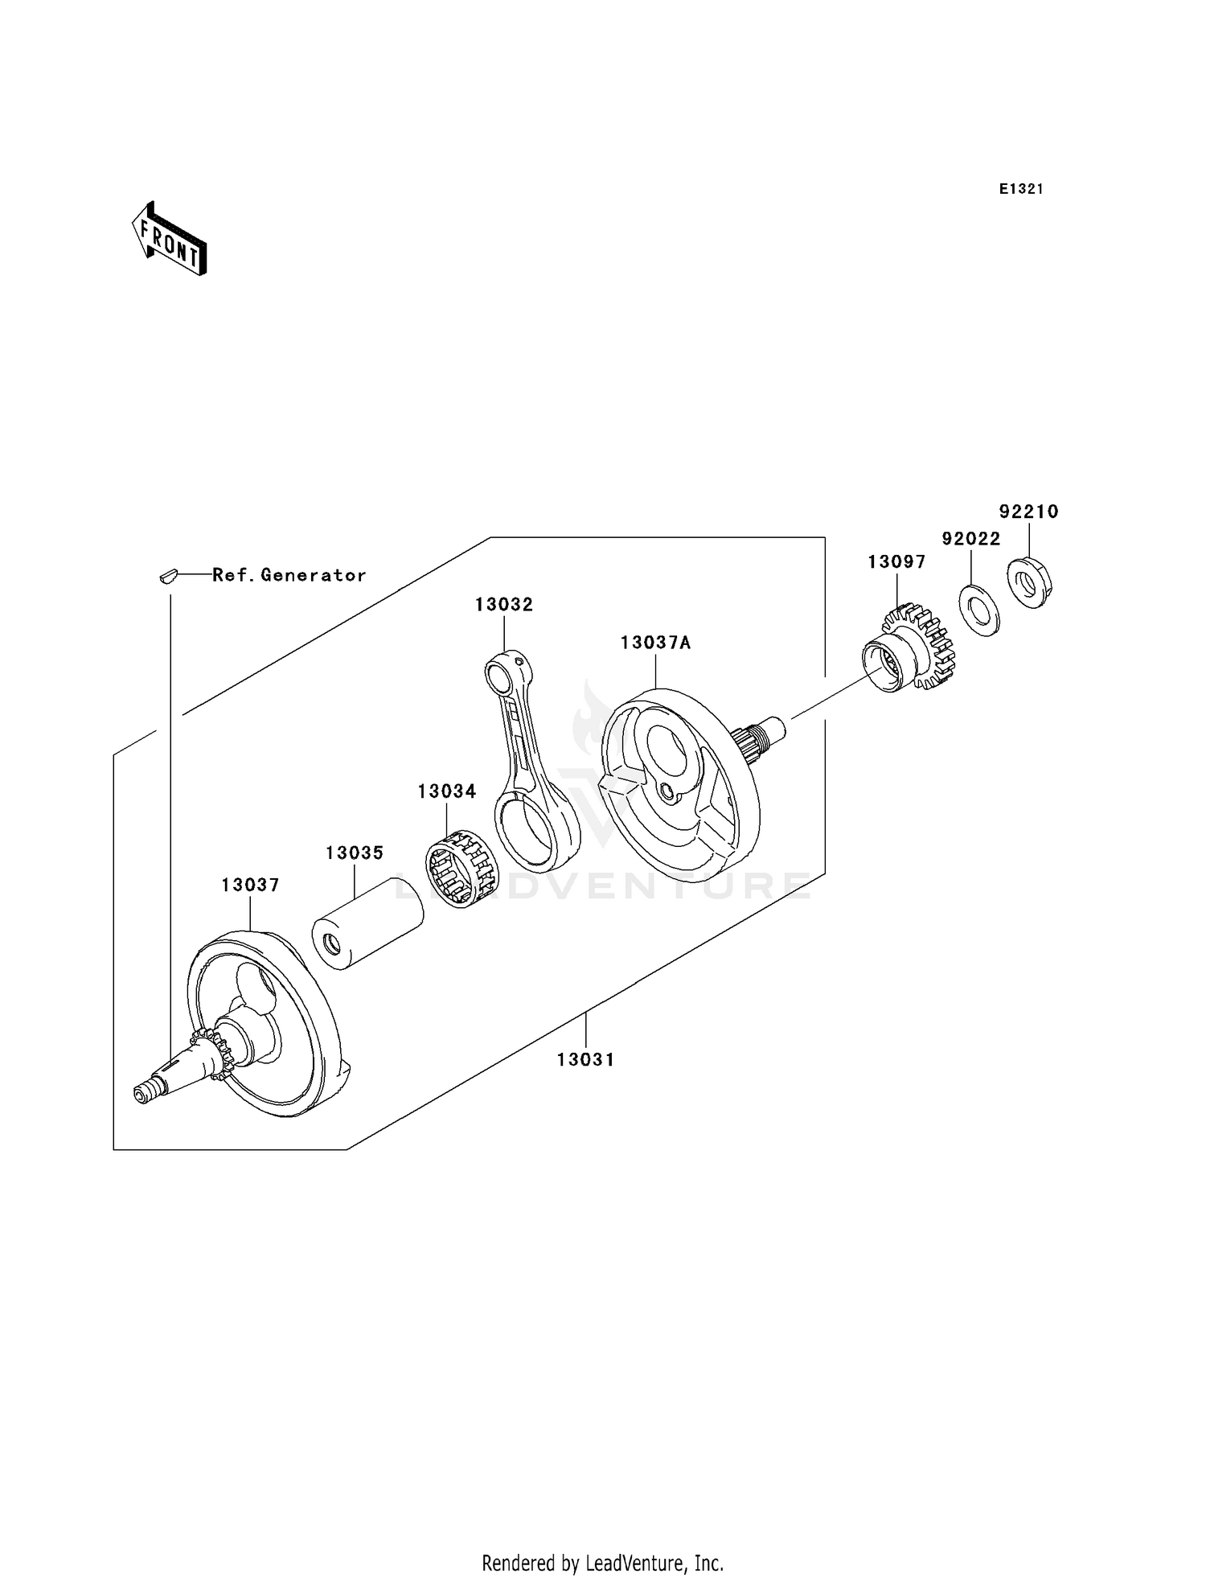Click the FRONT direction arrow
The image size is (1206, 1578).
(170, 240)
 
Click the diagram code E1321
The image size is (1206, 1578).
(1021, 189)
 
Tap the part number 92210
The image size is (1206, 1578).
(1028, 512)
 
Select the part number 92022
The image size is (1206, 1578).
(971, 539)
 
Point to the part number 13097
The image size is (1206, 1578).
(896, 562)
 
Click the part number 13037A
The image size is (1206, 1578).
(655, 643)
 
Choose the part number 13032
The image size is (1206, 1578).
(504, 605)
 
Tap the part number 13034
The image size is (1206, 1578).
(447, 791)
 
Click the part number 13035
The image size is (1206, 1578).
(355, 853)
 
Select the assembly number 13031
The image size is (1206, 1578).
(586, 1060)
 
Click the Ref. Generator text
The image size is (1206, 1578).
(289, 575)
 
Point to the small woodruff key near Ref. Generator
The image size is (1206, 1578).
(167, 575)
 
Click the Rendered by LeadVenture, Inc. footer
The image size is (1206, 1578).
(602, 1563)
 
